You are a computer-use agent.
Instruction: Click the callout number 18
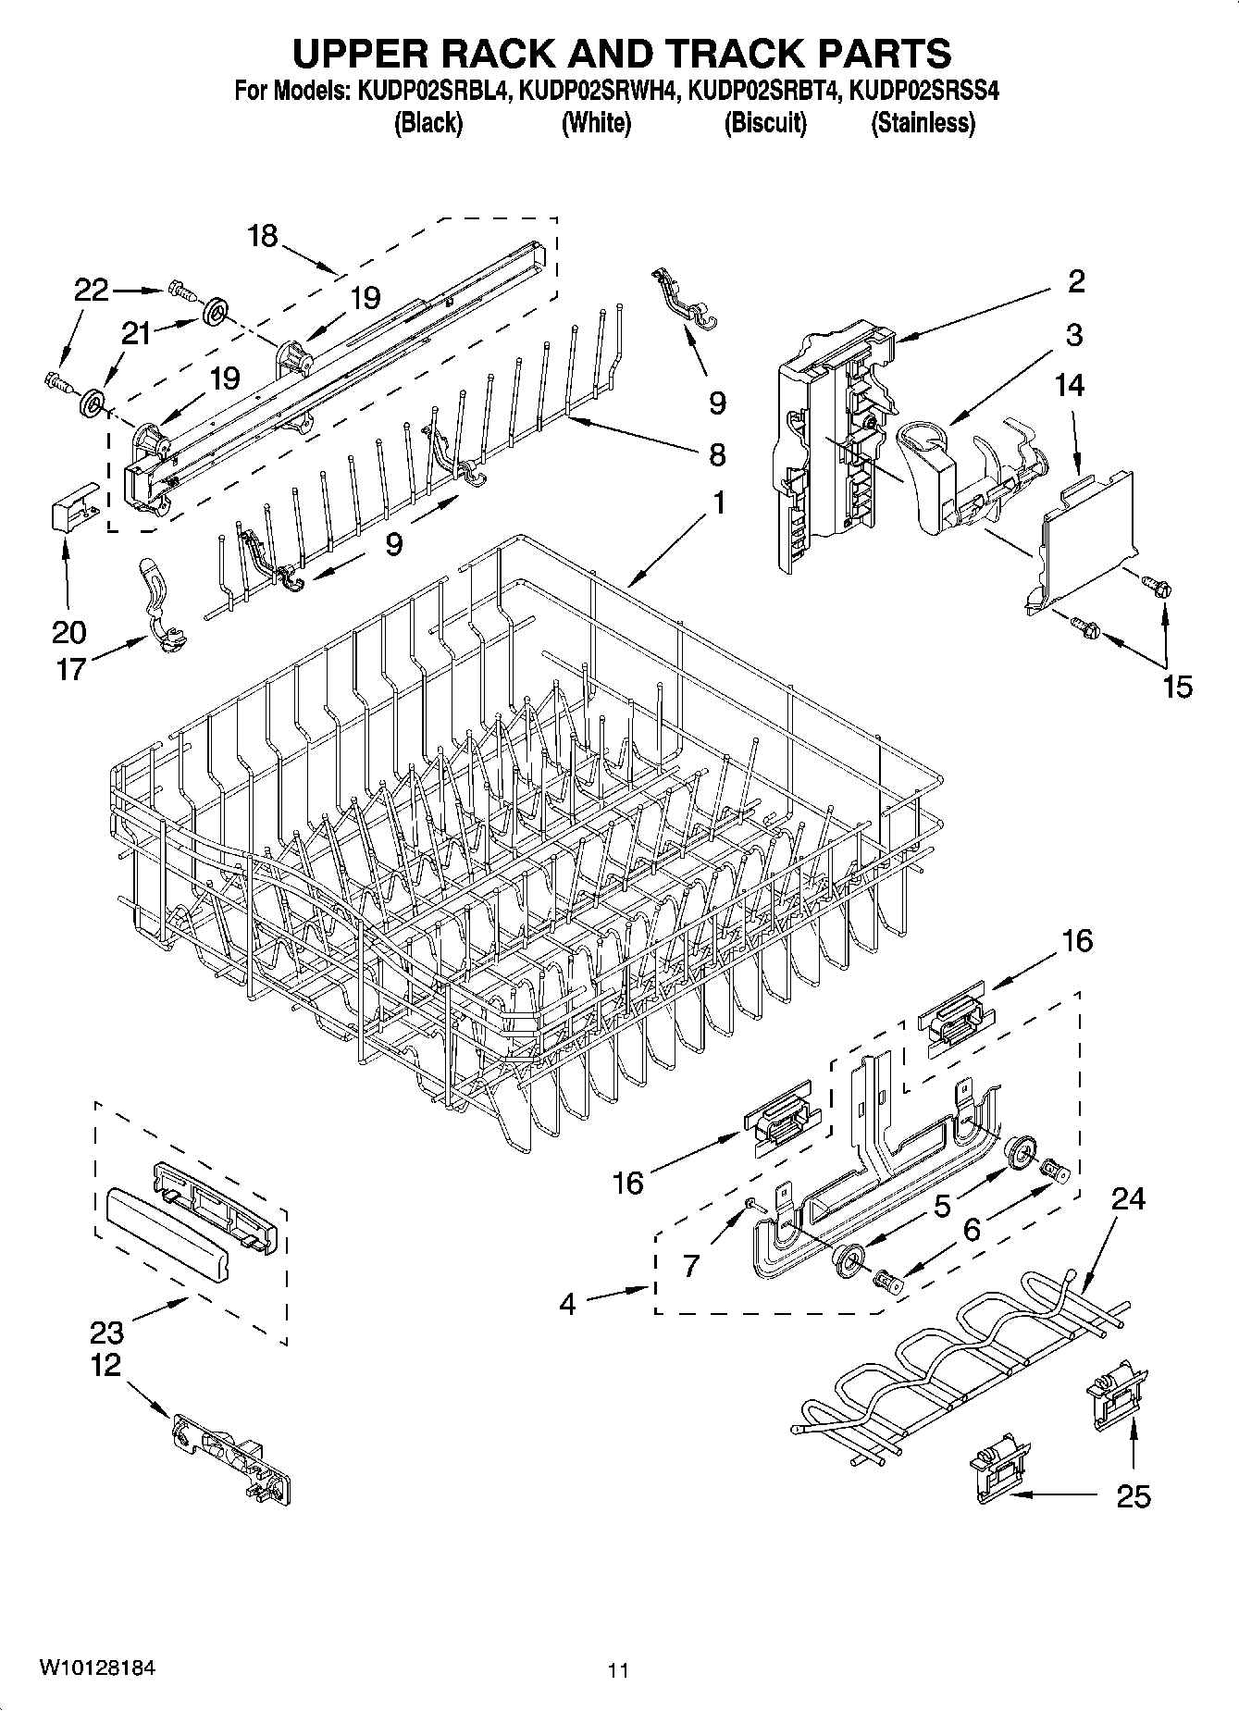(x=263, y=236)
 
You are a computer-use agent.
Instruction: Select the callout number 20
(x=69, y=633)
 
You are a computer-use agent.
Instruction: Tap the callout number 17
(x=70, y=668)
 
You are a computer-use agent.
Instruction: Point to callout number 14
(x=1070, y=384)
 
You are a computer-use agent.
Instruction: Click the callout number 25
(x=1134, y=1495)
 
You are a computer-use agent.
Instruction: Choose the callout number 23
(x=107, y=1333)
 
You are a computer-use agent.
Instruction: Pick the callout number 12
(x=106, y=1365)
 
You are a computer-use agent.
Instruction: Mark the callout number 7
(x=691, y=1265)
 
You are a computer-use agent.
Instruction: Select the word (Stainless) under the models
(x=923, y=122)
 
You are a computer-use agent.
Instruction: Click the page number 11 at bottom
(x=618, y=1670)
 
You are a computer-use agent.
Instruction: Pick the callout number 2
(x=1075, y=280)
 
